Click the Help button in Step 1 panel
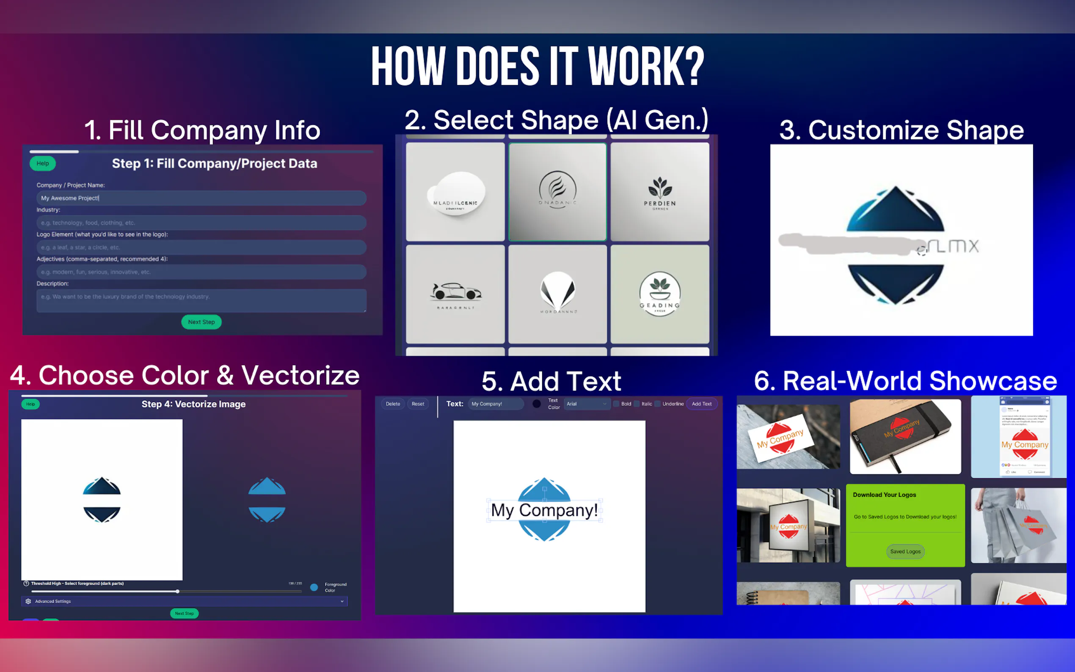click(x=43, y=163)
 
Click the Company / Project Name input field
click(x=201, y=198)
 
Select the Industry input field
click(x=201, y=223)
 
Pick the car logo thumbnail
click(x=455, y=294)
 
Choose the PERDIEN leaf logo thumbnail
click(x=660, y=192)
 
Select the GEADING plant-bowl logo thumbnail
click(x=660, y=294)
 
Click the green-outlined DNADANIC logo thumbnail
click(x=557, y=192)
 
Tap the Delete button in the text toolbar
click(x=393, y=404)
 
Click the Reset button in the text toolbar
click(x=418, y=404)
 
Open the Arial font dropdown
click(x=586, y=404)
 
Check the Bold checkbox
click(x=616, y=404)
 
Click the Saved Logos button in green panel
click(x=905, y=551)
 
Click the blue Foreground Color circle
click(x=314, y=587)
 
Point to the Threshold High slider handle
click(x=177, y=592)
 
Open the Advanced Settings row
click(x=185, y=601)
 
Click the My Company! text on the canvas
click(x=544, y=510)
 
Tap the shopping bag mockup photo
click(x=1018, y=525)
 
